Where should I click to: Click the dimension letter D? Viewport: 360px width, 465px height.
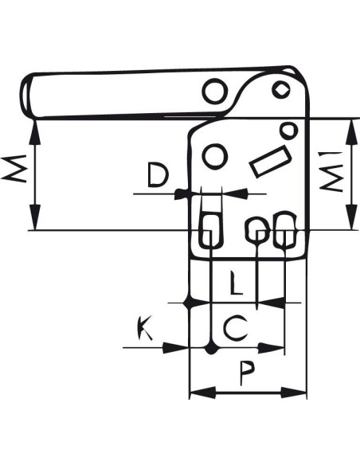click(x=158, y=174)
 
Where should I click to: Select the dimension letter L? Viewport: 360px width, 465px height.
click(x=236, y=283)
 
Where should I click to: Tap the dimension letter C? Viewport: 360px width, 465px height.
click(x=236, y=328)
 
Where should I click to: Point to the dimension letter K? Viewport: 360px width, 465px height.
click(x=145, y=328)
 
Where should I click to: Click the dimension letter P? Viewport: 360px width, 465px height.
click(x=247, y=373)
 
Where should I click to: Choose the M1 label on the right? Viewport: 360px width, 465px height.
click(x=331, y=171)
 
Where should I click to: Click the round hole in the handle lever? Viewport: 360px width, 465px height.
click(x=216, y=91)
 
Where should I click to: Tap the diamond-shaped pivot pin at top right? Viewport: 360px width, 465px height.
click(x=280, y=89)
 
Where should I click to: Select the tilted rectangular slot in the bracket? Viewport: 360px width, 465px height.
click(x=269, y=162)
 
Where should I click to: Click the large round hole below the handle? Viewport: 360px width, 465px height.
click(x=215, y=156)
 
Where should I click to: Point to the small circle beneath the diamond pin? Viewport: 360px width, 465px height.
click(x=288, y=131)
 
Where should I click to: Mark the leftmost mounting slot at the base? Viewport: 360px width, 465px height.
click(x=210, y=230)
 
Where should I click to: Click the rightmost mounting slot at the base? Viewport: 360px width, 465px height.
click(x=284, y=230)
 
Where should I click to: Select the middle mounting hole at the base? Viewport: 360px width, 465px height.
click(x=257, y=230)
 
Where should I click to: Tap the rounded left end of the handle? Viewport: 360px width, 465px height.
click(x=25, y=96)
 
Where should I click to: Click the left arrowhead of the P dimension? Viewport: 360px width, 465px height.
click(x=202, y=393)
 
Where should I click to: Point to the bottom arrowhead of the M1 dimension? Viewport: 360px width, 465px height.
click(x=352, y=217)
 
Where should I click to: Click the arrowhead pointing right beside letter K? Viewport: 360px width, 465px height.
click(x=175, y=348)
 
